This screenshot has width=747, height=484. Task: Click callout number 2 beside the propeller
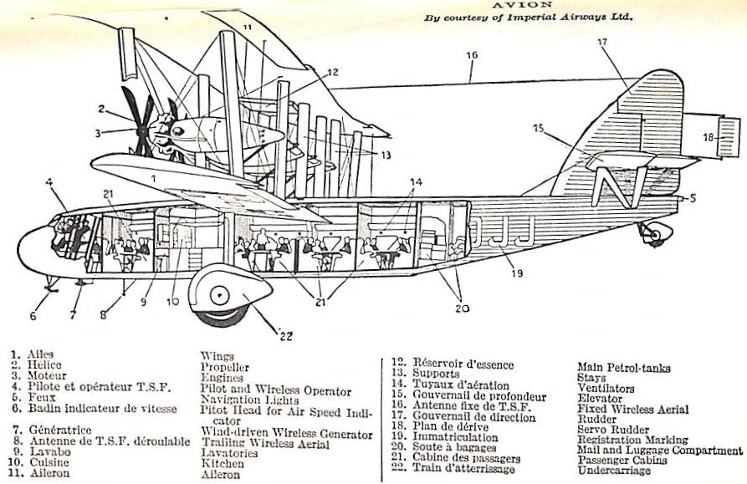point(100,109)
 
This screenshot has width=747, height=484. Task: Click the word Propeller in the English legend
point(224,367)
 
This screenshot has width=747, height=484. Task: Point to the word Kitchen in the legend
point(222,462)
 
